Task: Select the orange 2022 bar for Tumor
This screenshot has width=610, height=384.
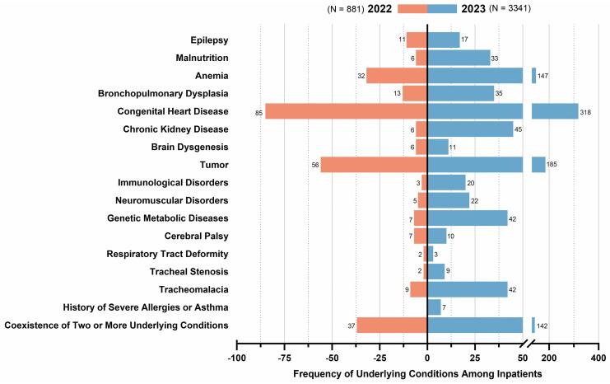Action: point(373,165)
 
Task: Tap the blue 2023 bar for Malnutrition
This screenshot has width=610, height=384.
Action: point(459,58)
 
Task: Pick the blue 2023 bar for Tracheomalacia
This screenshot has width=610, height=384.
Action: point(467,289)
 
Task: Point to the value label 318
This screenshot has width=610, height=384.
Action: point(588,111)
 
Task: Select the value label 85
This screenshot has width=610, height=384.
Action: point(258,111)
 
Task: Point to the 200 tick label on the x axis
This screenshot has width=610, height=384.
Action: point(549,358)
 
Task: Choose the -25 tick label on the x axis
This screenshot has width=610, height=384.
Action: point(380,358)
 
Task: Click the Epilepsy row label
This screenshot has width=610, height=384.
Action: point(209,40)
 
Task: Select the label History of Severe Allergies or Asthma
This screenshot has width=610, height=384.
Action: point(147,307)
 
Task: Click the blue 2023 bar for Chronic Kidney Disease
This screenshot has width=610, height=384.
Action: point(469,129)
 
